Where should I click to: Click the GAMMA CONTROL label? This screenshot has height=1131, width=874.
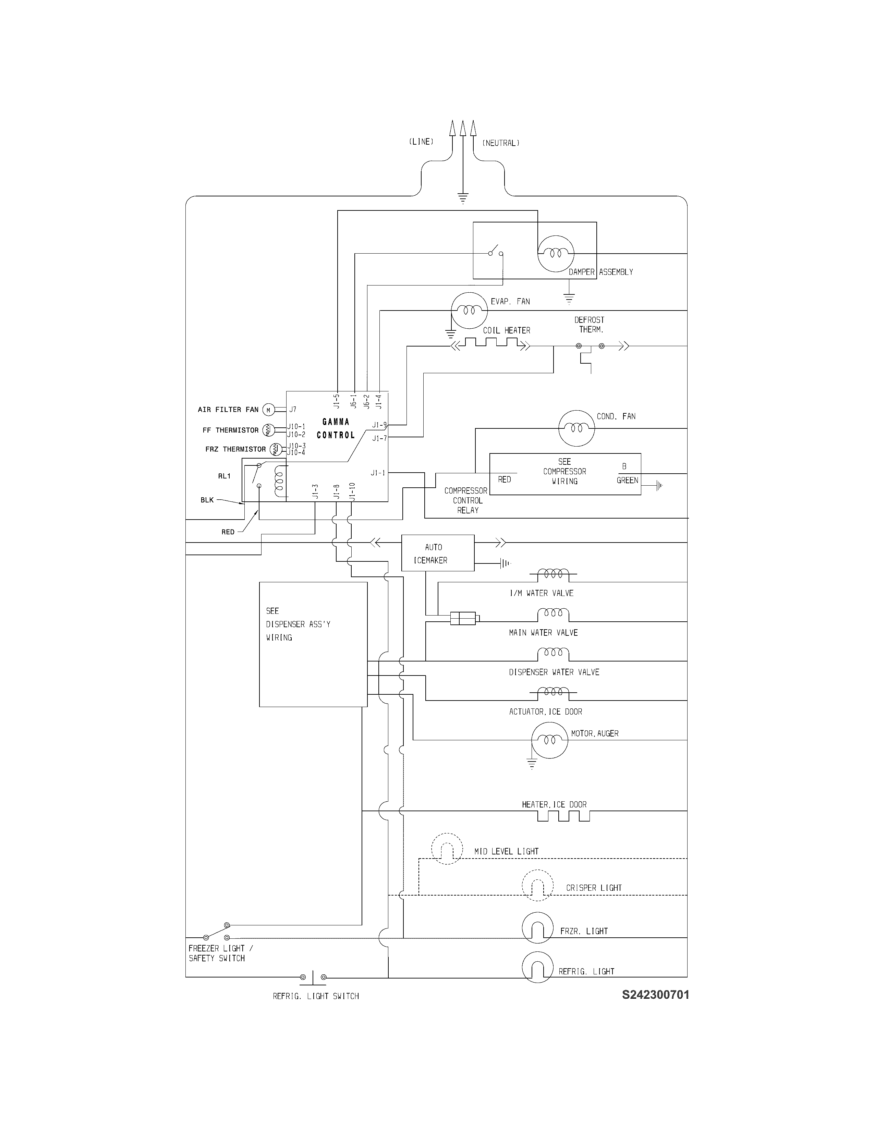(x=336, y=428)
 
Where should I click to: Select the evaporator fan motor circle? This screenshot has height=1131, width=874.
(x=469, y=310)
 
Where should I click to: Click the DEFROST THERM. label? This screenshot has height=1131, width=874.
(x=589, y=325)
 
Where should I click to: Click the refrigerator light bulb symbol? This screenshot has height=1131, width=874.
(x=537, y=967)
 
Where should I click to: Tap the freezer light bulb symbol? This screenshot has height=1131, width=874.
(x=537, y=927)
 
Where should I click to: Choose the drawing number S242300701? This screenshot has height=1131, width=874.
(x=655, y=995)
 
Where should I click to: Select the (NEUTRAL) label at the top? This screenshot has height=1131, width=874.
(x=501, y=143)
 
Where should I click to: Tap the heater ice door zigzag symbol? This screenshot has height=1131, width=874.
(x=563, y=816)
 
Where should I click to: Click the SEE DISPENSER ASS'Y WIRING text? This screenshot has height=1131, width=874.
(x=298, y=624)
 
